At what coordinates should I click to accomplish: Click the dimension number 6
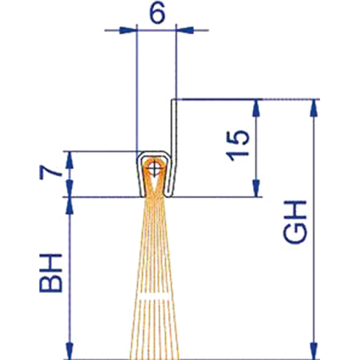(155, 14)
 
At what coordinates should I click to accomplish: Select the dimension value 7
(48, 173)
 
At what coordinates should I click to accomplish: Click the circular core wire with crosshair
(156, 170)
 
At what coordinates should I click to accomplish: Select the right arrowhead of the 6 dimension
(183, 31)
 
